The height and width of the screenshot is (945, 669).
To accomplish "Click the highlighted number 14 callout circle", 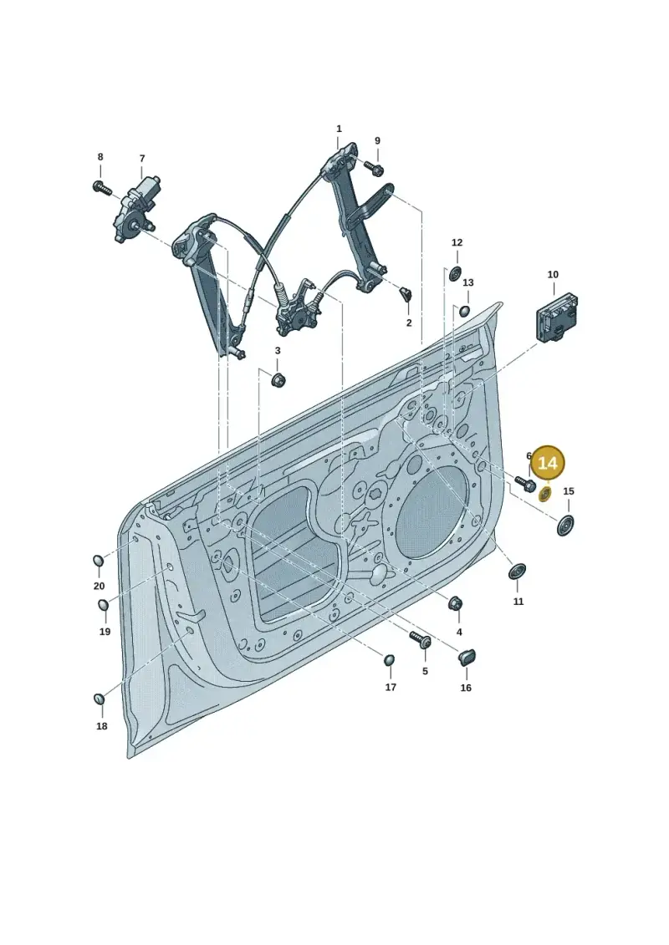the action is click(548, 463).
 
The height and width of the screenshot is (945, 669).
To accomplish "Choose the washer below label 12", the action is click(455, 273).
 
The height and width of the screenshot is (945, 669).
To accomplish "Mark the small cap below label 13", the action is click(465, 311).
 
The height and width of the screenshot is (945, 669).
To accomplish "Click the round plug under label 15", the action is click(564, 526).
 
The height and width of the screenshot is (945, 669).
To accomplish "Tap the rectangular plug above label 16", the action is click(467, 657).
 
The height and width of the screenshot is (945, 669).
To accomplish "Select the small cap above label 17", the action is click(390, 660).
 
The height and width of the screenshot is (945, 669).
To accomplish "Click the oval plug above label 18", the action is click(100, 699).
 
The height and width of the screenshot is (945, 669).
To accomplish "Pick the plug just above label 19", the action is click(103, 605).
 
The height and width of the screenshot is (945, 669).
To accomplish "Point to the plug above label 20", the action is click(99, 561).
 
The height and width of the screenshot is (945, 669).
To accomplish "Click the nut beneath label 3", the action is click(278, 380).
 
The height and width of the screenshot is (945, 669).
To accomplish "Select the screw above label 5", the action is click(421, 639).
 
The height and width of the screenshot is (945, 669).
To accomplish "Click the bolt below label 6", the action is click(526, 483).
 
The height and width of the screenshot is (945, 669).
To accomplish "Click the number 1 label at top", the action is click(339, 129).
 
